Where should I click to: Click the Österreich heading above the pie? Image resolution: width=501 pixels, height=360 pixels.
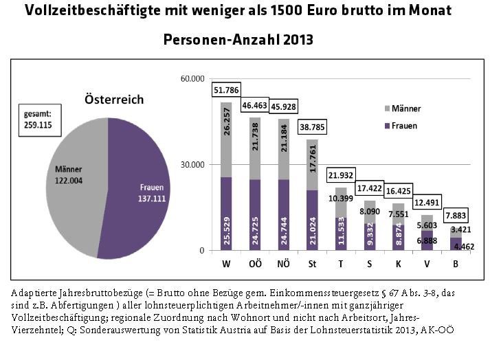[114, 100]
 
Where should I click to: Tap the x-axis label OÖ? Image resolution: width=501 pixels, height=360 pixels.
[255, 263]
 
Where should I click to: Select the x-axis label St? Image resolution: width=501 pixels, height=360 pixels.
[313, 263]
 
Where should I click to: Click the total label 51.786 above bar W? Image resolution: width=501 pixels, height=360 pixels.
[225, 90]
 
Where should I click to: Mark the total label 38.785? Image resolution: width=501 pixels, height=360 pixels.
[313, 127]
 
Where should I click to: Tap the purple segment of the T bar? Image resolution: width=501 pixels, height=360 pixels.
[342, 234]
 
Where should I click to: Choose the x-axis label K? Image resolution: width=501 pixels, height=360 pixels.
[399, 263]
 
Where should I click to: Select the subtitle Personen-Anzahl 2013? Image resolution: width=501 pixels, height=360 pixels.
[238, 40]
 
